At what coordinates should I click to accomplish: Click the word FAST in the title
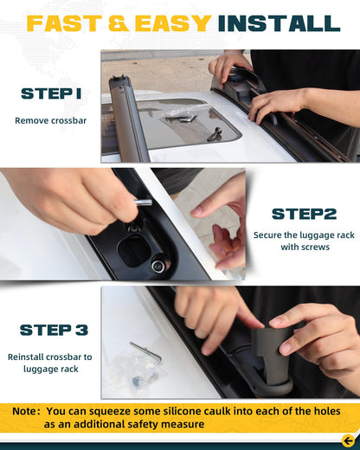[64, 23]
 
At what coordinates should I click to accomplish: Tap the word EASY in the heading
[173, 23]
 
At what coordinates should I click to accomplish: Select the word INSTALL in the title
[280, 23]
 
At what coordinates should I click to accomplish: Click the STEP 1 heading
[51, 93]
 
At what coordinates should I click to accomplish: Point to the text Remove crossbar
[51, 120]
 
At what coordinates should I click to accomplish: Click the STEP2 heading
[305, 214]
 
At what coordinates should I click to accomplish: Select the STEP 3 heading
[54, 330]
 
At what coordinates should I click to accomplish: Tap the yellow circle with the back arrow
[349, 440]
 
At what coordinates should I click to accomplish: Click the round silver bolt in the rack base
[158, 266]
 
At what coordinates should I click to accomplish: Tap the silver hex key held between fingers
[144, 202]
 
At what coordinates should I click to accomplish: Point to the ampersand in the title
[119, 23]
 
